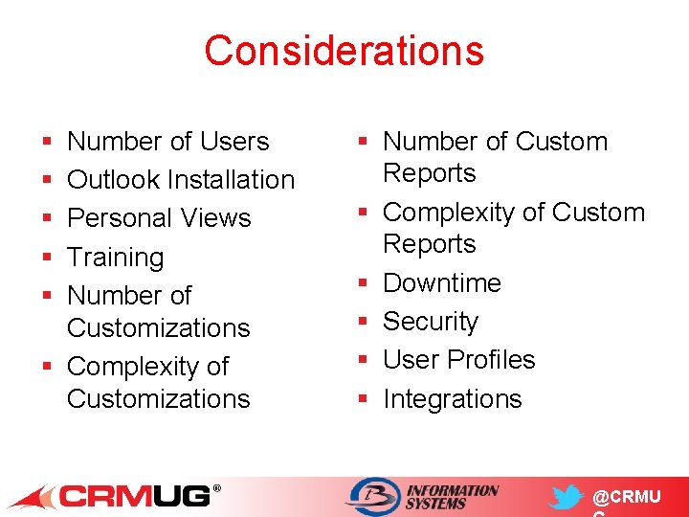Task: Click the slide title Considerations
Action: point(344,51)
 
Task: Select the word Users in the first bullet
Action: point(234,142)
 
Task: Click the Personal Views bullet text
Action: point(159,218)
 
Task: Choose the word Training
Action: point(115,258)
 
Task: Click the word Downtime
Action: point(441,283)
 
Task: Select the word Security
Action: point(430,322)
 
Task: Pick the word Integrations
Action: point(452,399)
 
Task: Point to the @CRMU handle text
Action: point(626,498)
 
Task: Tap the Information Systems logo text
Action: point(452,497)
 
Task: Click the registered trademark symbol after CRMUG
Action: point(216,489)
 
